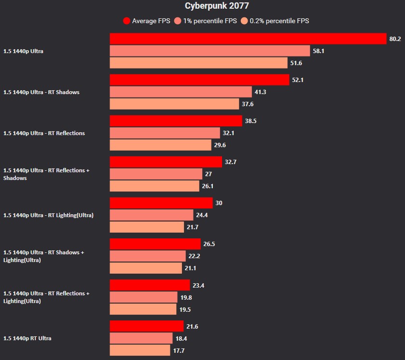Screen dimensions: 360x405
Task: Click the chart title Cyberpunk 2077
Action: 217,6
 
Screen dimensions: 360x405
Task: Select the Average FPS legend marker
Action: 127,21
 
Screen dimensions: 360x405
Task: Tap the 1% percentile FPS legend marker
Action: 178,21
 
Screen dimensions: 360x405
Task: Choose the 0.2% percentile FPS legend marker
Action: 244,21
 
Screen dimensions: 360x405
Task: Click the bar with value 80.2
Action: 248,39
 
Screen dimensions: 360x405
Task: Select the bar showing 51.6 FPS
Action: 198,63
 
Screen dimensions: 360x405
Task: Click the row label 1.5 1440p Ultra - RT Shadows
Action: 42,92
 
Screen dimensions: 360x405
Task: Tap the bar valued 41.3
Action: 181,92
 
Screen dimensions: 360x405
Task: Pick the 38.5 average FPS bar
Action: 176,121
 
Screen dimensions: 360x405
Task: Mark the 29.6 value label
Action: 220,145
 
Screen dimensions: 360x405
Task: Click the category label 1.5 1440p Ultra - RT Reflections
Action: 44,133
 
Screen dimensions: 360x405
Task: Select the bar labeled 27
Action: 156,174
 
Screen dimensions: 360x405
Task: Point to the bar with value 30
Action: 161,203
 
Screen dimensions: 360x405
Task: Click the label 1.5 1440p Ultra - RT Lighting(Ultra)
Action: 48,215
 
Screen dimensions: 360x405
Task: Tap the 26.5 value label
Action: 209,244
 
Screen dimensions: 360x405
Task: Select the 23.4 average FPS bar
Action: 150,285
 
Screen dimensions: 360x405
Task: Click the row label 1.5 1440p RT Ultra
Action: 27,338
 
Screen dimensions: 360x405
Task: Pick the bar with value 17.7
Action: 140,350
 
